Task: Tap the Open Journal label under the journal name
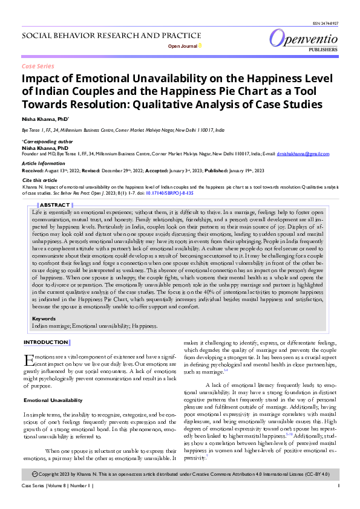pyautogui.click(x=182, y=46)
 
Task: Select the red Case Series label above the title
pyautogui.click(x=38, y=66)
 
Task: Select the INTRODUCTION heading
pyautogui.click(x=45, y=342)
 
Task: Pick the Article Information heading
pyautogui.click(x=44, y=163)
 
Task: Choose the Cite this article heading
pyautogui.click(x=39, y=180)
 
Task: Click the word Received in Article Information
pyautogui.click(x=33, y=171)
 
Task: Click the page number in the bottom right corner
pyautogui.click(x=338, y=502)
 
